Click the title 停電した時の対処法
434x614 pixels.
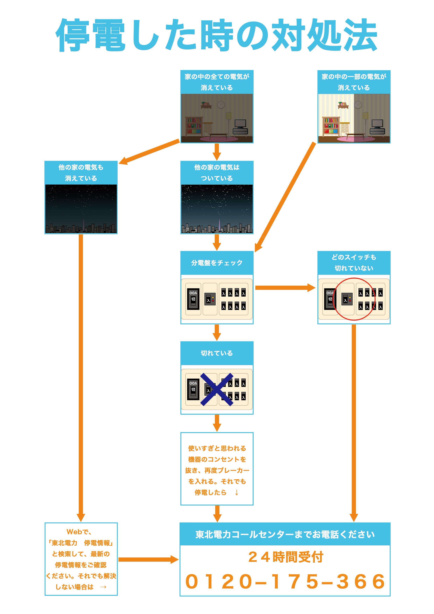pyautogui.click(x=217, y=35)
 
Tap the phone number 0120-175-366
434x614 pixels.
pyautogui.click(x=285, y=582)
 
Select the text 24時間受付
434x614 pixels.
pyautogui.click(x=286, y=557)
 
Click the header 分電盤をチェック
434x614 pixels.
pyautogui.click(x=217, y=263)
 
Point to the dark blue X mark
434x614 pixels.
pyautogui.click(x=217, y=390)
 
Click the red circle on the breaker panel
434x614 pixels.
pyautogui.click(x=354, y=299)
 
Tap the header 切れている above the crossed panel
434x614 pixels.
pyautogui.click(x=217, y=353)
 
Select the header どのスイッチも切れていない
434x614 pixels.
pyautogui.click(x=354, y=263)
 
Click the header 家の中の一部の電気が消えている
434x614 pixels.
pyautogui.click(x=354, y=82)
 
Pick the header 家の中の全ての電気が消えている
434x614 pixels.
pyautogui.click(x=217, y=82)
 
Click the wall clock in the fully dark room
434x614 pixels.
pyautogui.click(x=221, y=104)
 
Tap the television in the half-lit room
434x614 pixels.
pyautogui.click(x=377, y=124)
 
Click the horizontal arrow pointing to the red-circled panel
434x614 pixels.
pyautogui.click(x=285, y=288)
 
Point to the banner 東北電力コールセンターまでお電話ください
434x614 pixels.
pyautogui.click(x=285, y=535)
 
